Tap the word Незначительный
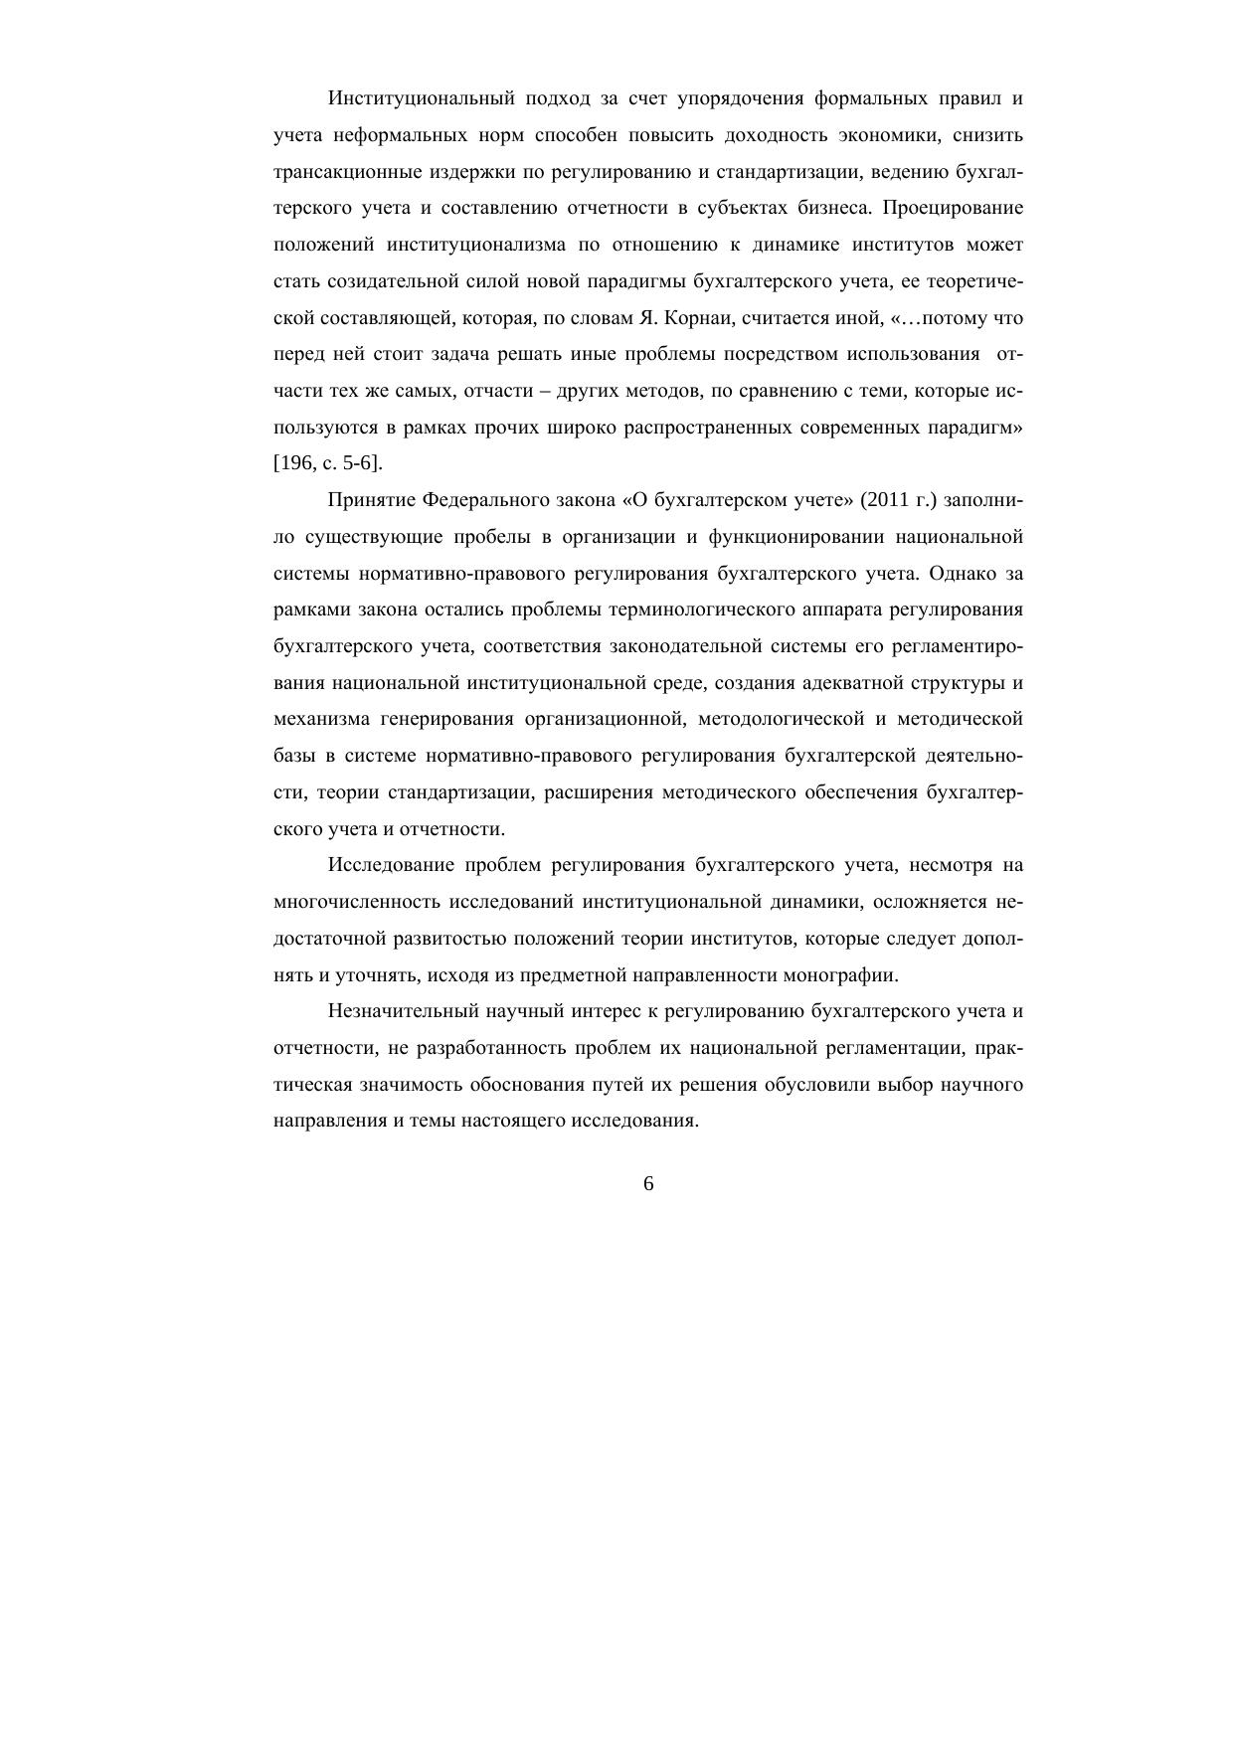405,1011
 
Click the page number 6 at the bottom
648,1183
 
